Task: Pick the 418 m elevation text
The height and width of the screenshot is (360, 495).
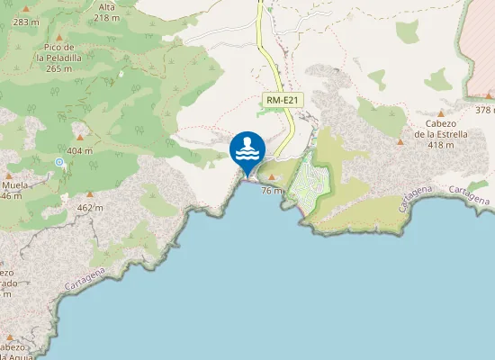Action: (x=441, y=145)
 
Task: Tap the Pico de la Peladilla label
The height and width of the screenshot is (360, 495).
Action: (x=58, y=51)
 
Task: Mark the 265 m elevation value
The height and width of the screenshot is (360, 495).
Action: (x=58, y=68)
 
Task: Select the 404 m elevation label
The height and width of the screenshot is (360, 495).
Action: (x=79, y=151)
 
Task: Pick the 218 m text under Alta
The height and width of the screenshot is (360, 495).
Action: (x=106, y=17)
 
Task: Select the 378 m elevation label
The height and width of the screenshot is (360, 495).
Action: (x=484, y=110)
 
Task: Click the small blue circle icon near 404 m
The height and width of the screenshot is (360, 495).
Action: (x=59, y=162)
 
